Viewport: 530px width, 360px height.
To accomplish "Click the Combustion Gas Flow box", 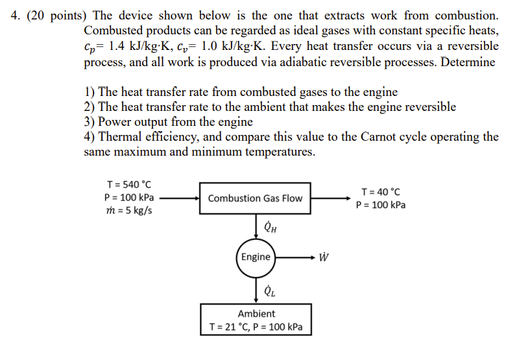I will click(255, 198).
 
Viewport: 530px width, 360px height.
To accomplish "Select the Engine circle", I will click(256, 257).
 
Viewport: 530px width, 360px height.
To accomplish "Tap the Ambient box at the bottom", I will click(256, 320).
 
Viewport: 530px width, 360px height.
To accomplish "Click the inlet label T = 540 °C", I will click(129, 185).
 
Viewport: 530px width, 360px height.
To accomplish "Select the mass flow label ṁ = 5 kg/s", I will click(128, 211).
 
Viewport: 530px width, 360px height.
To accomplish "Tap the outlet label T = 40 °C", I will click(381, 192).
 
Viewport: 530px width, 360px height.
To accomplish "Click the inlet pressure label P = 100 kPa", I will click(129, 198).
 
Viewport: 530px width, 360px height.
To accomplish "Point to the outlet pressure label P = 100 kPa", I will click(381, 205).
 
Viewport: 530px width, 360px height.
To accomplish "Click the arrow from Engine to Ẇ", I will click(295, 257).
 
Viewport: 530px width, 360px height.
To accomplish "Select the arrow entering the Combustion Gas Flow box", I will click(179, 198).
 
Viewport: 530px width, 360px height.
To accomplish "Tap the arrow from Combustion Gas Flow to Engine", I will click(256, 226).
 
